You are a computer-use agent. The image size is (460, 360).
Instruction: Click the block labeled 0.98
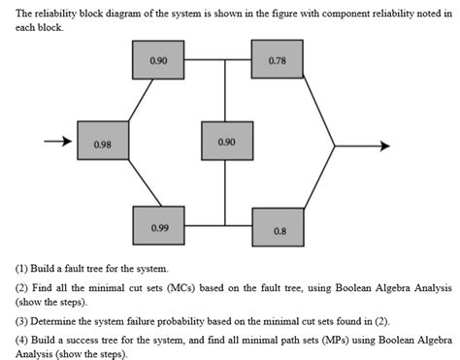pyautogui.click(x=101, y=143)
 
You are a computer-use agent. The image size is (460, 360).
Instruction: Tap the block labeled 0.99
pyautogui.click(x=160, y=228)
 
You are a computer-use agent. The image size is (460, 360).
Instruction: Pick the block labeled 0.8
pyautogui.click(x=279, y=229)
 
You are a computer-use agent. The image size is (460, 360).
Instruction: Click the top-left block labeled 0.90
pyautogui.click(x=159, y=61)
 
